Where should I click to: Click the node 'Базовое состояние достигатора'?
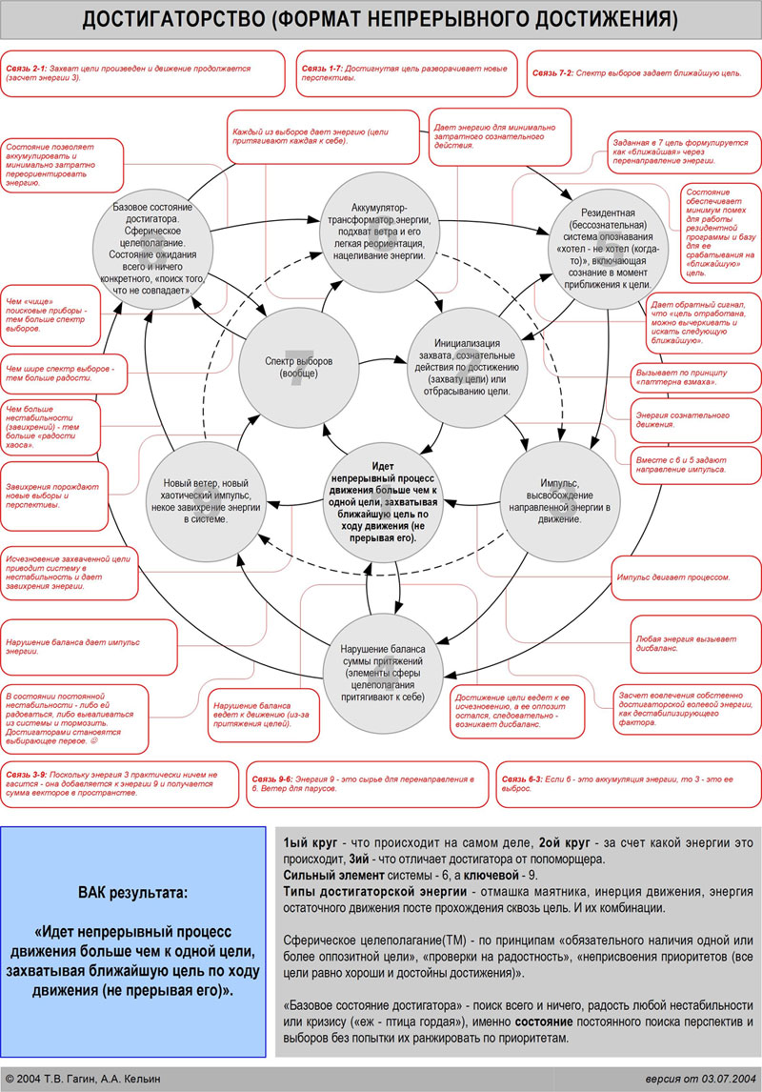(x=152, y=247)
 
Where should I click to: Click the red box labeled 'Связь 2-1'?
(x=143, y=73)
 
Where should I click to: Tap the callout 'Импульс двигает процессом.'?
(x=673, y=577)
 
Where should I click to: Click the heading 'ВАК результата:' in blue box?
(x=132, y=893)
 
